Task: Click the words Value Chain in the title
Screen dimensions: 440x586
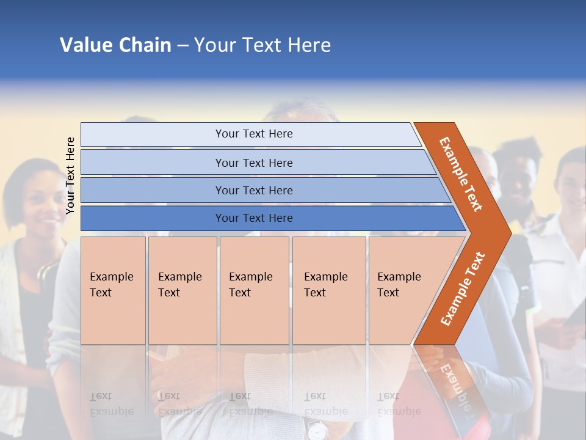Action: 115,45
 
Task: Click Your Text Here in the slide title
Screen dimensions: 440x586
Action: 262,45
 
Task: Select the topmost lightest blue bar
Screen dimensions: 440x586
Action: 253,134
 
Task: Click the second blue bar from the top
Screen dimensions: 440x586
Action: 253,163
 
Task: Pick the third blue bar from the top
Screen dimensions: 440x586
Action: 253,190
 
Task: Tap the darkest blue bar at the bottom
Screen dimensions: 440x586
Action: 253,218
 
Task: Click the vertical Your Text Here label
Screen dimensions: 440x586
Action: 70,175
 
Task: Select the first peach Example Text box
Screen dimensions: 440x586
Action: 113,290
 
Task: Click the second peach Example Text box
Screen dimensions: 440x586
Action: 182,290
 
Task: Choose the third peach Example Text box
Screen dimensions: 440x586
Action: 253,290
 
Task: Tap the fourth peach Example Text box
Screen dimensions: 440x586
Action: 328,290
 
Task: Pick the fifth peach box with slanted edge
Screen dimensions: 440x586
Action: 403,290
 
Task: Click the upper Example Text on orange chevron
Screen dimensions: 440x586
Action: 461,174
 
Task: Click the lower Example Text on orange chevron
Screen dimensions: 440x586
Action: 463,288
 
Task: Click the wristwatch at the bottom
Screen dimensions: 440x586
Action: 316,430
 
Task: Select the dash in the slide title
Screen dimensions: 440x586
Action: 183,45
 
